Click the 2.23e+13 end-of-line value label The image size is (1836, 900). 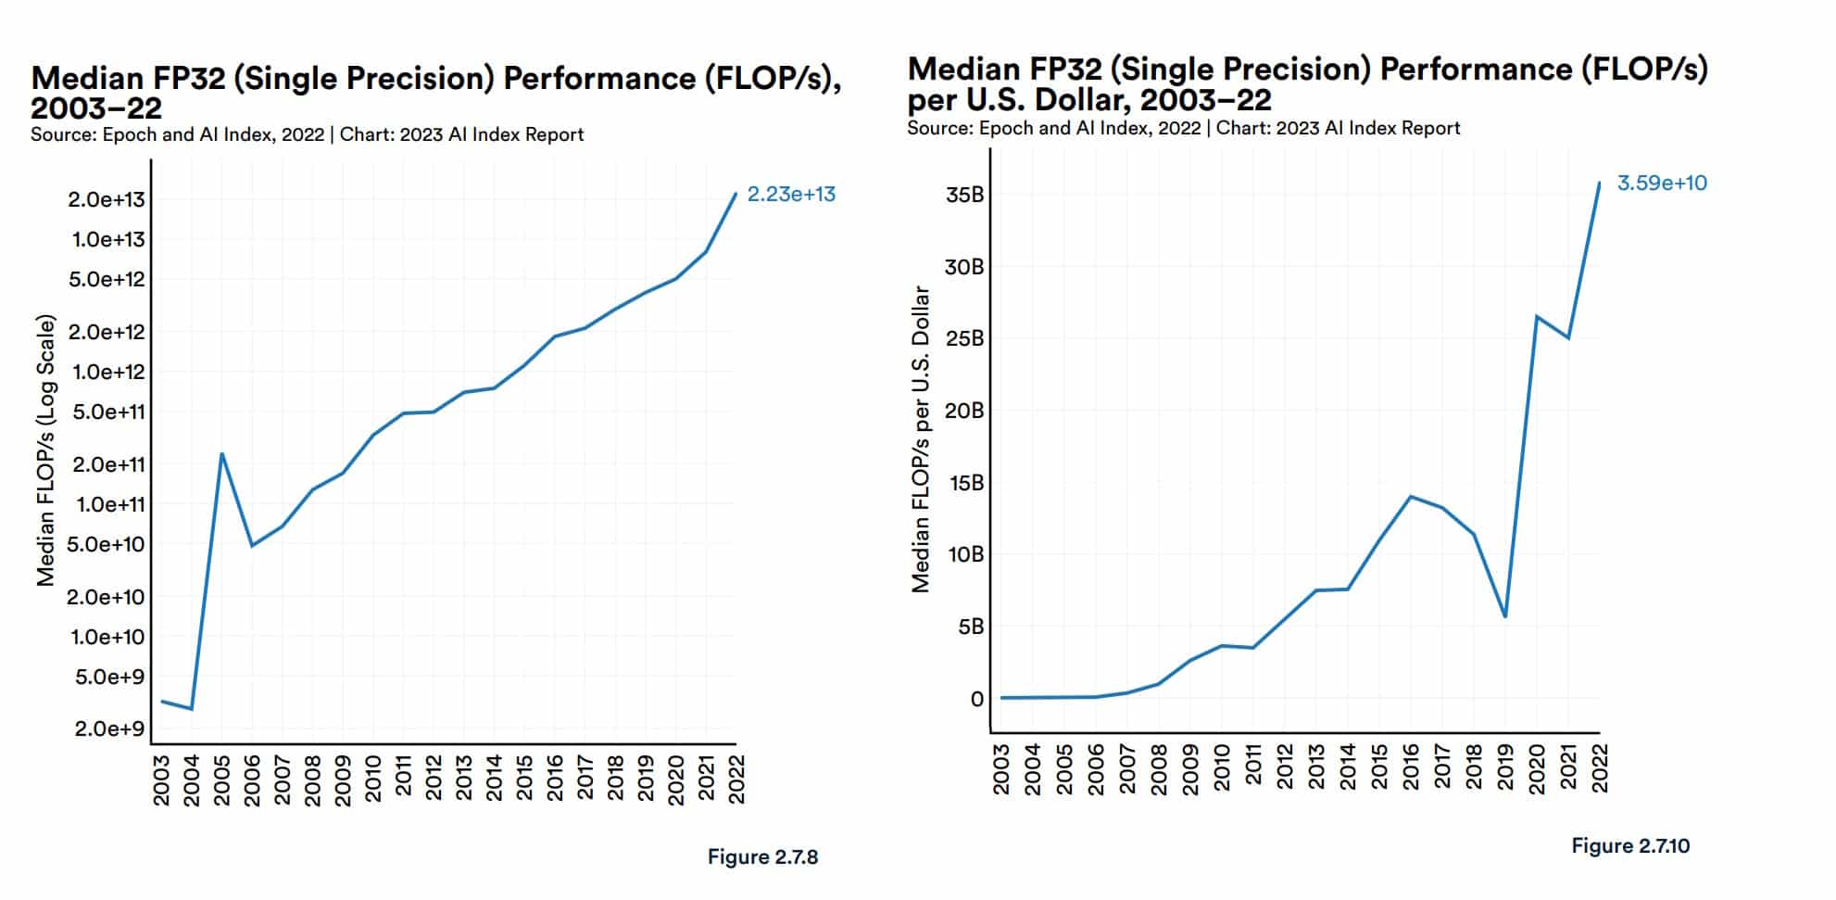(x=791, y=195)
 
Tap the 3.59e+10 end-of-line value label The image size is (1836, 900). (x=1662, y=184)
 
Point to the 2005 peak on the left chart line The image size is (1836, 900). (x=222, y=453)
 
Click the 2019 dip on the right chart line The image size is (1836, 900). (x=1505, y=616)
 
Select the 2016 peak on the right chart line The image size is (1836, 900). (x=1410, y=497)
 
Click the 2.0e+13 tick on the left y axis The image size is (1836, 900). (x=109, y=199)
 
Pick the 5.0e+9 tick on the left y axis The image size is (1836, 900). (x=109, y=677)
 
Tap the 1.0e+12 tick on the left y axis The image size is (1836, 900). (x=109, y=372)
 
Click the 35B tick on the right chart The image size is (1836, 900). (x=964, y=195)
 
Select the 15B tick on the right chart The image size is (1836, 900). (x=964, y=483)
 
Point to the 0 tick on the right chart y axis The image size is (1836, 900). (x=976, y=699)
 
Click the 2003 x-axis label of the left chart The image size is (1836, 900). (x=161, y=780)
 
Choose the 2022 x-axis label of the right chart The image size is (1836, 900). (x=1600, y=768)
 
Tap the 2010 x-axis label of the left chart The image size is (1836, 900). (x=372, y=780)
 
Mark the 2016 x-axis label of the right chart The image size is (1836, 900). (x=1410, y=768)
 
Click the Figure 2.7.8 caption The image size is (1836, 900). (x=762, y=857)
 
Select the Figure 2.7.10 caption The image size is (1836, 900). (x=1630, y=846)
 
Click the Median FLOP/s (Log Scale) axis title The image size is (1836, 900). (x=45, y=450)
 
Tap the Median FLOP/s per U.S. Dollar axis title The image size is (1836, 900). (x=920, y=438)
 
